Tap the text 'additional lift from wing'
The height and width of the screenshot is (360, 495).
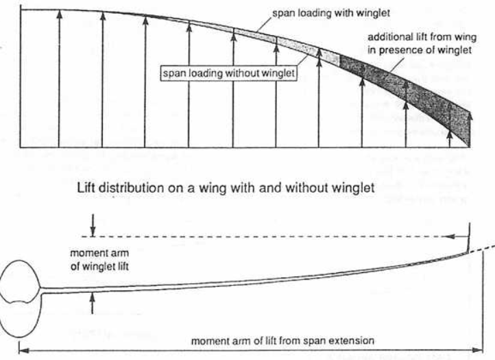pyautogui.click(x=419, y=36)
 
